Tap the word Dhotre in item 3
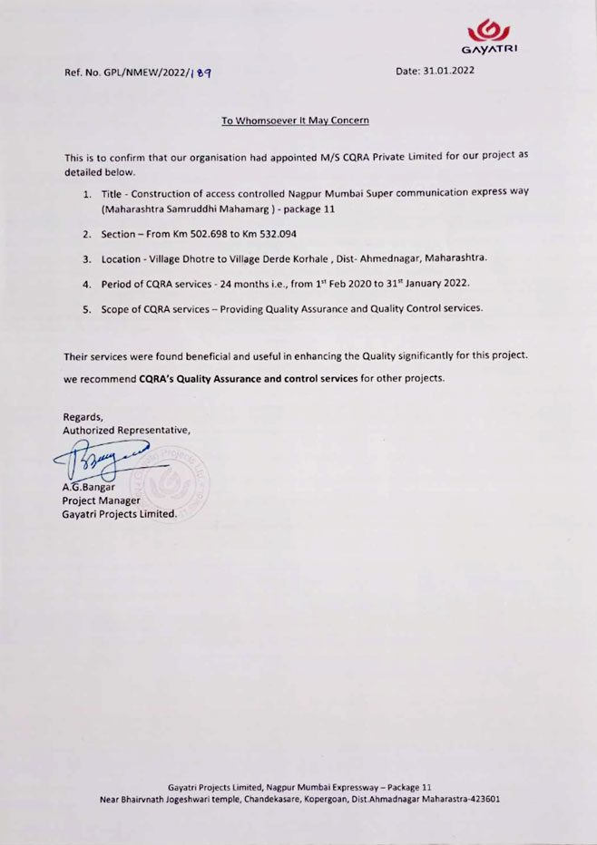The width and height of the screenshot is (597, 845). click(201, 259)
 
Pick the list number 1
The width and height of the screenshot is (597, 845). click(87, 195)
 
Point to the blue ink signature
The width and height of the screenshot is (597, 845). click(113, 459)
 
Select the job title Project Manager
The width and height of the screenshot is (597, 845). click(101, 500)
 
